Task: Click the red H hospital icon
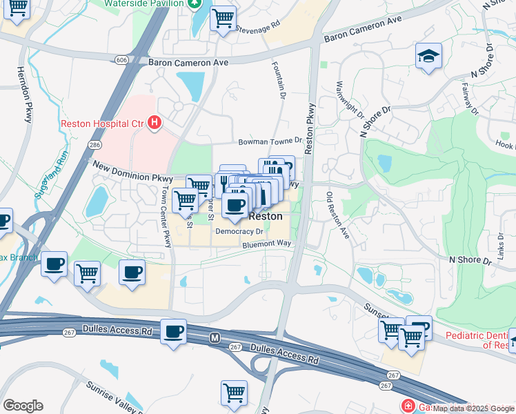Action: pyautogui.click(x=155, y=124)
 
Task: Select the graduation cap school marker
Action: pyautogui.click(x=428, y=56)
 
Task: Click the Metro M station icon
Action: pyautogui.click(x=215, y=337)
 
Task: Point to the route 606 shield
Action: pyautogui.click(x=122, y=61)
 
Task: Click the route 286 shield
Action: pyautogui.click(x=95, y=144)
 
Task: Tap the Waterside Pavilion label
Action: pyautogui.click(x=143, y=3)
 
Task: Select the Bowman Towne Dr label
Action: pyautogui.click(x=270, y=141)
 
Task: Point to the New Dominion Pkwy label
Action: pyautogui.click(x=123, y=171)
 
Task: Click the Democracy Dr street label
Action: pyautogui.click(x=239, y=233)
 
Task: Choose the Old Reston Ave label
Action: pyautogui.click(x=337, y=215)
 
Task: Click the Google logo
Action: pyautogui.click(x=22, y=406)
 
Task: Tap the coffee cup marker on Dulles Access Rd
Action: pyautogui.click(x=173, y=332)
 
